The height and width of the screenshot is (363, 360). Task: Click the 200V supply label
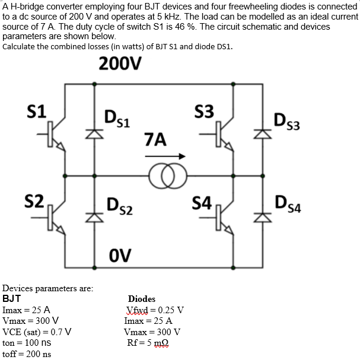coord(120,63)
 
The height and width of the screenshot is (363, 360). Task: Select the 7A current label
coord(155,140)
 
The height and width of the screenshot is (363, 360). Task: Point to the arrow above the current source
coord(165,156)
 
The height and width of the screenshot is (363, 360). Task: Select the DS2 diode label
coord(119,208)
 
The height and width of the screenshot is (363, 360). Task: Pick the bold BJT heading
coord(12,299)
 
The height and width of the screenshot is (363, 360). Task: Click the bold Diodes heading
coord(142,299)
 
